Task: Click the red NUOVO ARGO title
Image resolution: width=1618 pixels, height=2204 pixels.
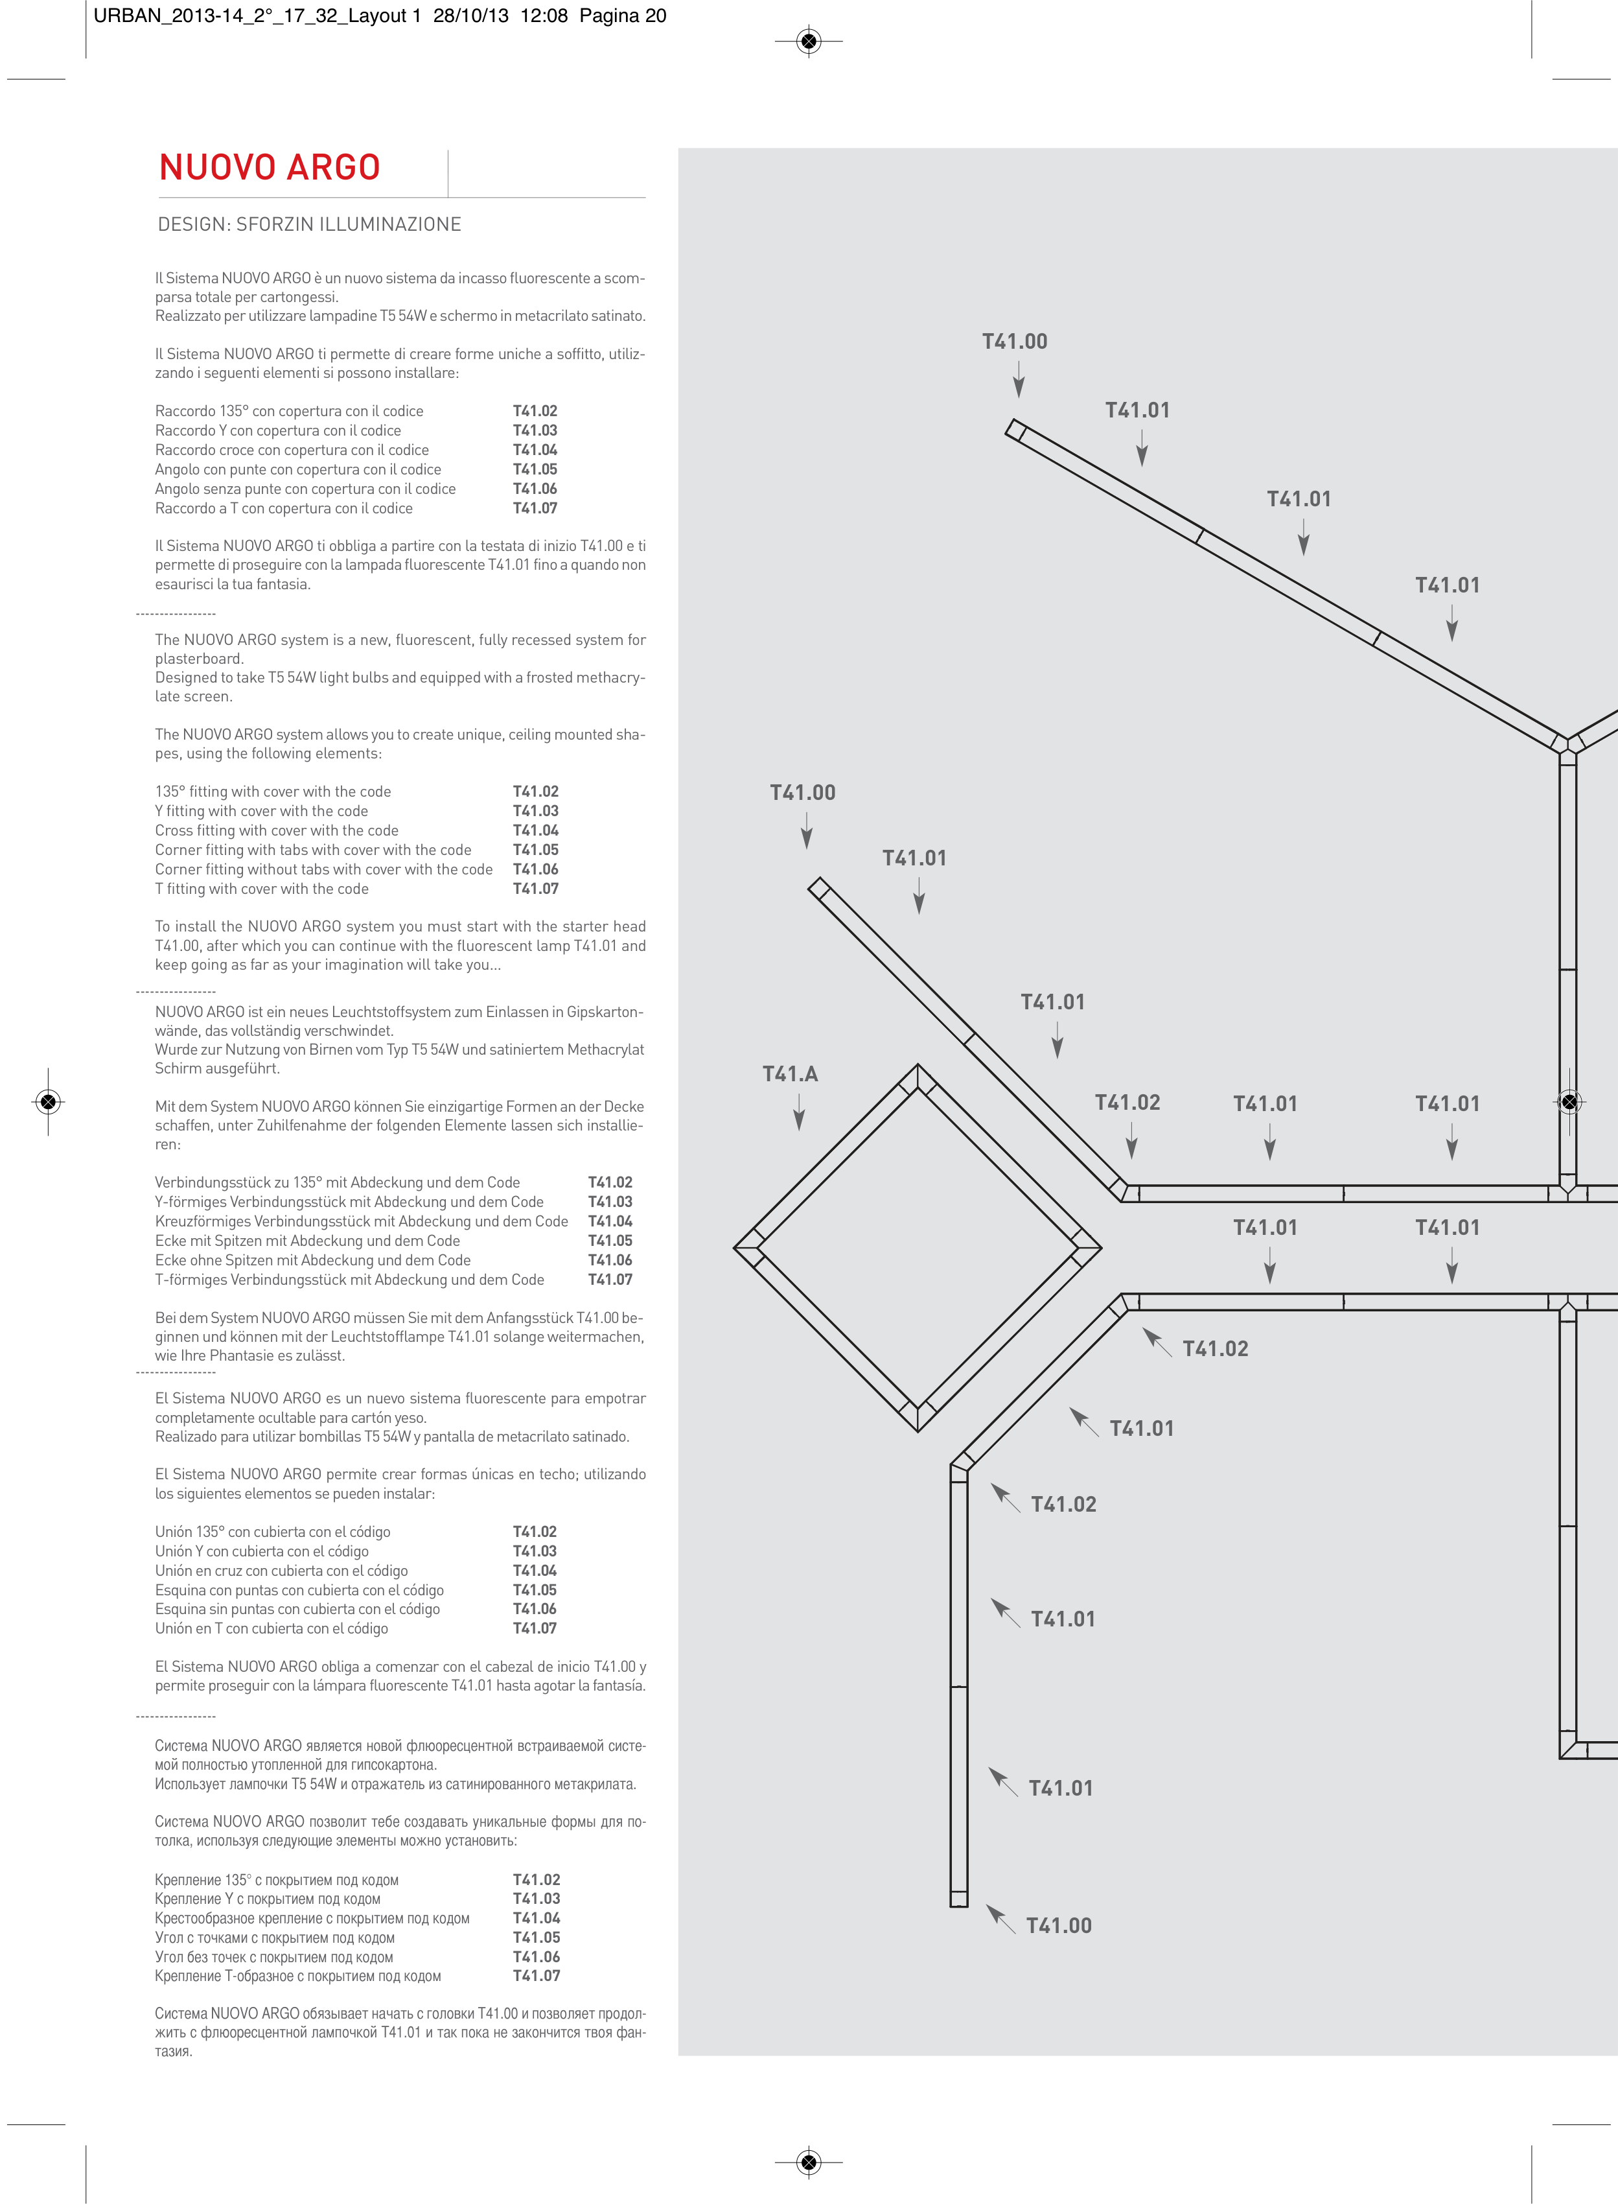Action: point(270,167)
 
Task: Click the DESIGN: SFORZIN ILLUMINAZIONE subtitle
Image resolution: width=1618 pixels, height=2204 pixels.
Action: point(310,224)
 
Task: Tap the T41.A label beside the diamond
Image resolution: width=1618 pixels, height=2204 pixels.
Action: point(789,1073)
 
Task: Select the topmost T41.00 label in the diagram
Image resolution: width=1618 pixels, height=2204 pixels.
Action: point(1015,342)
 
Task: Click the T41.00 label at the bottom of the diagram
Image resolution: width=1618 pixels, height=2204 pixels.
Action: point(1059,1925)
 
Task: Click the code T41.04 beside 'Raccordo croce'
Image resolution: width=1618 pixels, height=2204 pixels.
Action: point(535,450)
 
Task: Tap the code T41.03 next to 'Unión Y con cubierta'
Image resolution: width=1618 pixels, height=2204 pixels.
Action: point(535,1551)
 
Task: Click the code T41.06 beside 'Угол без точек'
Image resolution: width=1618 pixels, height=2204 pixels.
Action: point(537,1956)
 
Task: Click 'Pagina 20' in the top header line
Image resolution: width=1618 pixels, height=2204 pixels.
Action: point(623,16)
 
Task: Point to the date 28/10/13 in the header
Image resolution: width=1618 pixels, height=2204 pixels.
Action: point(471,16)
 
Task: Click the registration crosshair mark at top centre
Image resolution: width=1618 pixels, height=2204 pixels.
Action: point(808,41)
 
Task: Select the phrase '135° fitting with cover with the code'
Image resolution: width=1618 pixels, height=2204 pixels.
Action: point(272,791)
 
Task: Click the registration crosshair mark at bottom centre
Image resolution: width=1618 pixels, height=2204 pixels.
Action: point(808,2162)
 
